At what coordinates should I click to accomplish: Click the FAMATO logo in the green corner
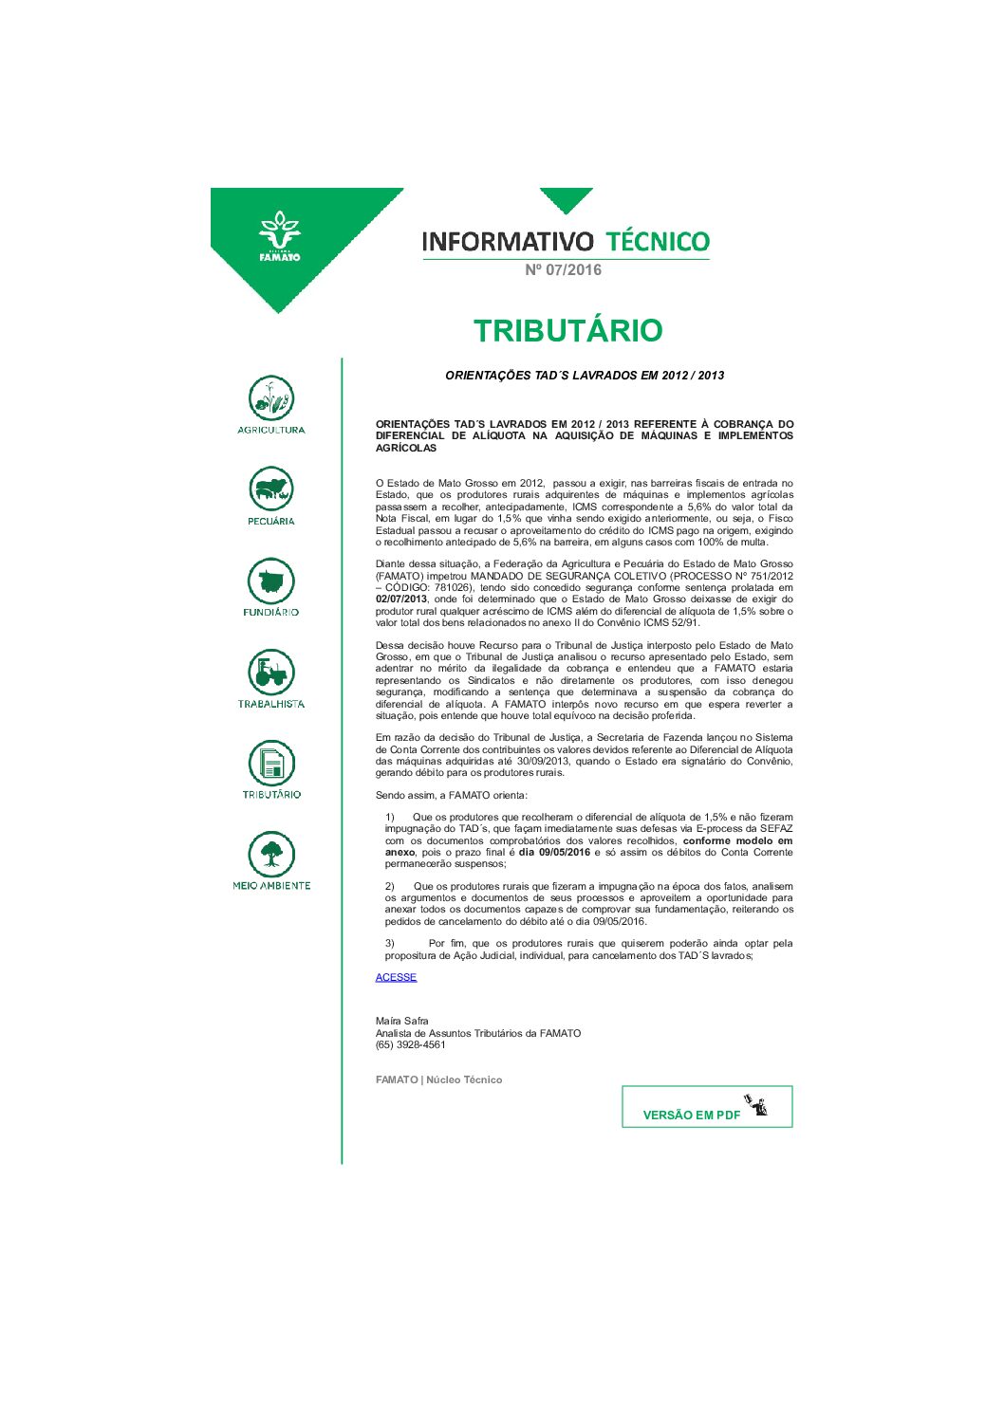279,237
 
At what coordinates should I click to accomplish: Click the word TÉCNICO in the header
658,241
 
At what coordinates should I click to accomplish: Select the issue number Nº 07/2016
563,270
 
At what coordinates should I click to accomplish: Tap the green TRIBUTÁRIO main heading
567,330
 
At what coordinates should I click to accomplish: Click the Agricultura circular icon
271,398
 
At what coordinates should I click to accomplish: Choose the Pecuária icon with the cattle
271,489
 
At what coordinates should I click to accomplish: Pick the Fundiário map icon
271,581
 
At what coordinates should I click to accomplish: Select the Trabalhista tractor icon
271,672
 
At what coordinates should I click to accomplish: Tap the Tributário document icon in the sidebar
271,763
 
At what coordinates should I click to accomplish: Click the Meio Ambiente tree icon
271,854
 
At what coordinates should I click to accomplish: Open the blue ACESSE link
396,977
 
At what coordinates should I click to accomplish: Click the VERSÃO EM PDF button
707,1107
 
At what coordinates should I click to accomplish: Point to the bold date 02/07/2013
401,599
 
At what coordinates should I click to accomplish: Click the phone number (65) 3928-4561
410,1044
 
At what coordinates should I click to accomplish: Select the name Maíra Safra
401,1022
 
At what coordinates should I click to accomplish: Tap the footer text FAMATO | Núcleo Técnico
438,1079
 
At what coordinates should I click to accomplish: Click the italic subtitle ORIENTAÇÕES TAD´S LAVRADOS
585,376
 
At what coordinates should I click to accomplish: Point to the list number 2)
390,886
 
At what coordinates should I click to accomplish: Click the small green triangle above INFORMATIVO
567,200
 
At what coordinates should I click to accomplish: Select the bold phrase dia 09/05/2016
554,852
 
